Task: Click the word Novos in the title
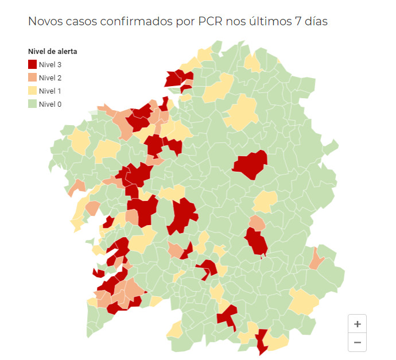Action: pyautogui.click(x=45, y=22)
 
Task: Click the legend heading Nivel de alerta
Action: pyautogui.click(x=53, y=52)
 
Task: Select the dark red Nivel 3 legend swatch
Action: pyautogui.click(x=32, y=65)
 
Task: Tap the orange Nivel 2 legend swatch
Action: pyautogui.click(x=32, y=78)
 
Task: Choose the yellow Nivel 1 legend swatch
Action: pyautogui.click(x=32, y=91)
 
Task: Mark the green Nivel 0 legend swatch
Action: pyautogui.click(x=32, y=104)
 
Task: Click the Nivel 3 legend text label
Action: pyautogui.click(x=51, y=65)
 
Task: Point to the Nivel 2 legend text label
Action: pyautogui.click(x=51, y=78)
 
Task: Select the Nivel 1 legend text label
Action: pyautogui.click(x=51, y=91)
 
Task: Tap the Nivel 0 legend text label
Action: pyautogui.click(x=51, y=104)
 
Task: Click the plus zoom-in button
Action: pyautogui.click(x=357, y=324)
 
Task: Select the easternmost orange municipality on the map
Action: pyautogui.click(x=315, y=259)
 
